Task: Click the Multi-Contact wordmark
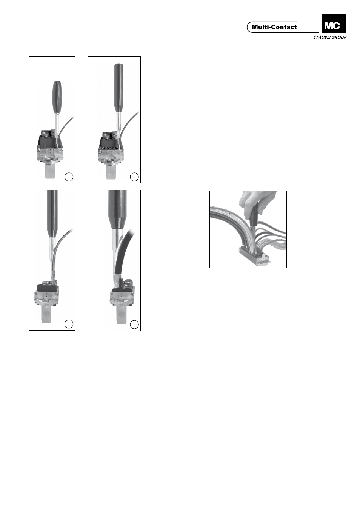274,27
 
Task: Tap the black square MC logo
334,24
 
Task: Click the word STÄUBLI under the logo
321,37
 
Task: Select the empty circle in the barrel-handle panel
69,177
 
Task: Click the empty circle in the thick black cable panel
134,324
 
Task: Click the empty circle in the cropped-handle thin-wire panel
69,324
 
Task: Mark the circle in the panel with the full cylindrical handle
134,177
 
